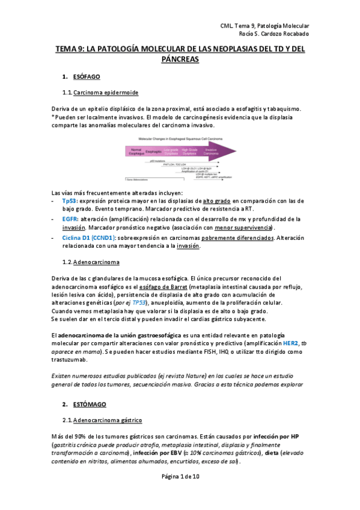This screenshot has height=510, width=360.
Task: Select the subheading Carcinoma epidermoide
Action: (x=105, y=93)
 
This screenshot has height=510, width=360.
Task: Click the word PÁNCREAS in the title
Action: (x=180, y=61)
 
